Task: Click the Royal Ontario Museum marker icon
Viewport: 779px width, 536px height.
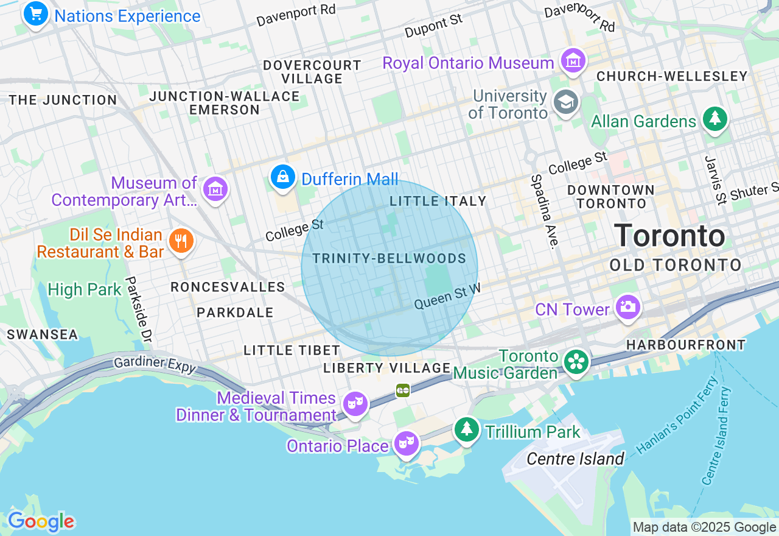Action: [x=573, y=62]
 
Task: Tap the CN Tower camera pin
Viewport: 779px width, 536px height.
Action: [x=627, y=306]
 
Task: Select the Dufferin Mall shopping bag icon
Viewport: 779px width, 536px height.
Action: [x=282, y=177]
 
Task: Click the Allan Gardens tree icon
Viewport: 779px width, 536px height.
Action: [x=715, y=119]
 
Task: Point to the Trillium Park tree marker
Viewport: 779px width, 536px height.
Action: [x=467, y=430]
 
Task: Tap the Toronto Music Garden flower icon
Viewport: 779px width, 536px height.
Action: [x=575, y=362]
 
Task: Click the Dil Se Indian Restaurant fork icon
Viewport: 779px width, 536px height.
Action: [x=181, y=241]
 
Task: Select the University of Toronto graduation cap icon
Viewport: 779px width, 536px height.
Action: [x=565, y=103]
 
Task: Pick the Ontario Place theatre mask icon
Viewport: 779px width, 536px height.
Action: [x=406, y=443]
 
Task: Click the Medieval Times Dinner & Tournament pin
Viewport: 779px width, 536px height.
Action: [x=355, y=404]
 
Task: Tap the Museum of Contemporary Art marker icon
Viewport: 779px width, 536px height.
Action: [x=215, y=189]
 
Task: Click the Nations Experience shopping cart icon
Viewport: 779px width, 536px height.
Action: [x=35, y=13]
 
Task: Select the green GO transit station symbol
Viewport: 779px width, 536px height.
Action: [x=403, y=390]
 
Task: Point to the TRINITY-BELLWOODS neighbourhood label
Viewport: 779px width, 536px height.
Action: [x=389, y=259]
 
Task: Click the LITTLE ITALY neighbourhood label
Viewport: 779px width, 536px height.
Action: [x=438, y=201]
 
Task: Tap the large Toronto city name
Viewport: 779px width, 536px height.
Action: [x=669, y=236]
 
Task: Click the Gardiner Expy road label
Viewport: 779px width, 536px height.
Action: [x=156, y=364]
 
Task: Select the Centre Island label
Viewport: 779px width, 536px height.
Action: [x=575, y=459]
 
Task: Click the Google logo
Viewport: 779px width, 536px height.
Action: [x=41, y=521]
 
